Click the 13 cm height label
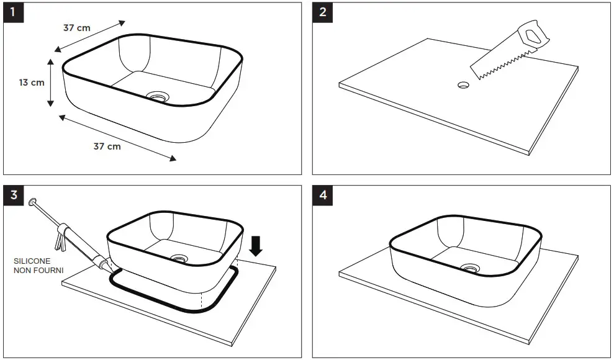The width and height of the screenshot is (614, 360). click(x=31, y=83)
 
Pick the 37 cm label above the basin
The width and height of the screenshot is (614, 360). click(x=76, y=28)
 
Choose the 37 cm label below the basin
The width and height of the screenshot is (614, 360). click(x=107, y=146)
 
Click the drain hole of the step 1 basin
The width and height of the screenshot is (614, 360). click(x=158, y=96)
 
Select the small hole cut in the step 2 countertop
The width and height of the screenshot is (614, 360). click(x=463, y=84)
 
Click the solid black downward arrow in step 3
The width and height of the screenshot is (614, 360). click(x=256, y=246)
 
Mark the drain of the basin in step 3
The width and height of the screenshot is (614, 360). click(x=181, y=258)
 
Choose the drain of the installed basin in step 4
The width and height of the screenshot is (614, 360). click(x=469, y=268)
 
